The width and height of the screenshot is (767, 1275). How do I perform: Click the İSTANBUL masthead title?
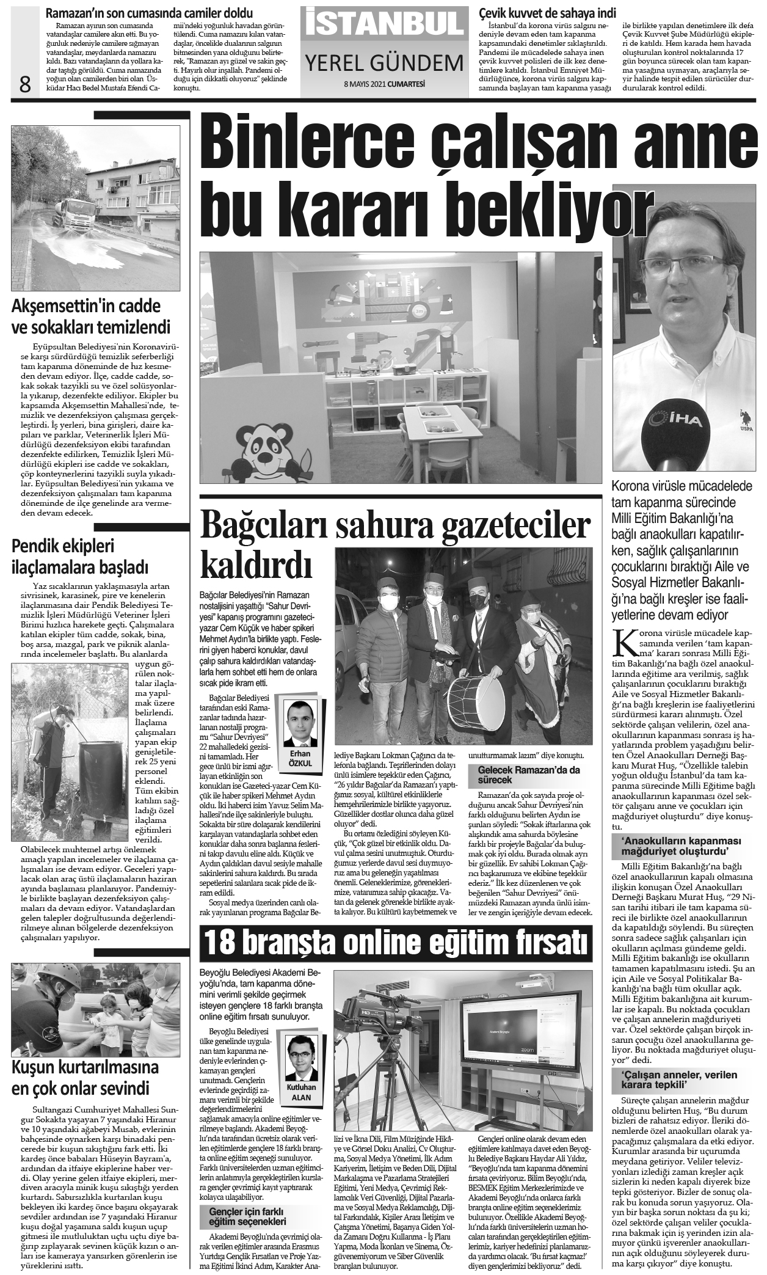(383, 22)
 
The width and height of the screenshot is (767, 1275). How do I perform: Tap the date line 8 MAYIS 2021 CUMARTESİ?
(384, 84)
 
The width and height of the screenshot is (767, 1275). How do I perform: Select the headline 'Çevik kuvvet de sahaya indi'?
(547, 13)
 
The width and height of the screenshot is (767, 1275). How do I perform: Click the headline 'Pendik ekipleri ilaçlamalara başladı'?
(80, 556)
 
